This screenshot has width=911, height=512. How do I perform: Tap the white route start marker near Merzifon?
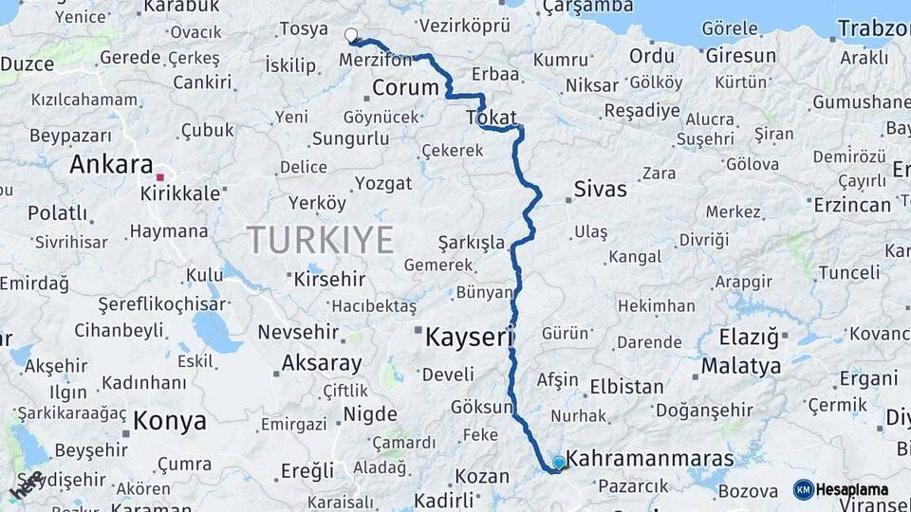point(351,36)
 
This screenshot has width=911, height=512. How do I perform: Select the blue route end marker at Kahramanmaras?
point(559,463)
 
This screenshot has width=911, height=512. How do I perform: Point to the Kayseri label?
point(469,337)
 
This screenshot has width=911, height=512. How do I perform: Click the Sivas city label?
point(600,189)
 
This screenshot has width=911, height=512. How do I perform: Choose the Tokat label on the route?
point(492,118)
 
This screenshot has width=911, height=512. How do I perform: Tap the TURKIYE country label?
point(320,240)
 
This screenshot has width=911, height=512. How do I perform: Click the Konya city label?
point(170,421)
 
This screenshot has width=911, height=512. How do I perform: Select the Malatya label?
point(741,366)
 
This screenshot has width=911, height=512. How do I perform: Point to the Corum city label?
point(405,87)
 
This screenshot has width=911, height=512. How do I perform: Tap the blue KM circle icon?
point(804,489)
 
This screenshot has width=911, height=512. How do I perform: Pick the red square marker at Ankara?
point(160,176)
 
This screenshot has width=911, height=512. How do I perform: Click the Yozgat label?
point(383,183)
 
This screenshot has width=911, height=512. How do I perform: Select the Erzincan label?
point(851,205)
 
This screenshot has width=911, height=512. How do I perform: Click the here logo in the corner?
point(26,485)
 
